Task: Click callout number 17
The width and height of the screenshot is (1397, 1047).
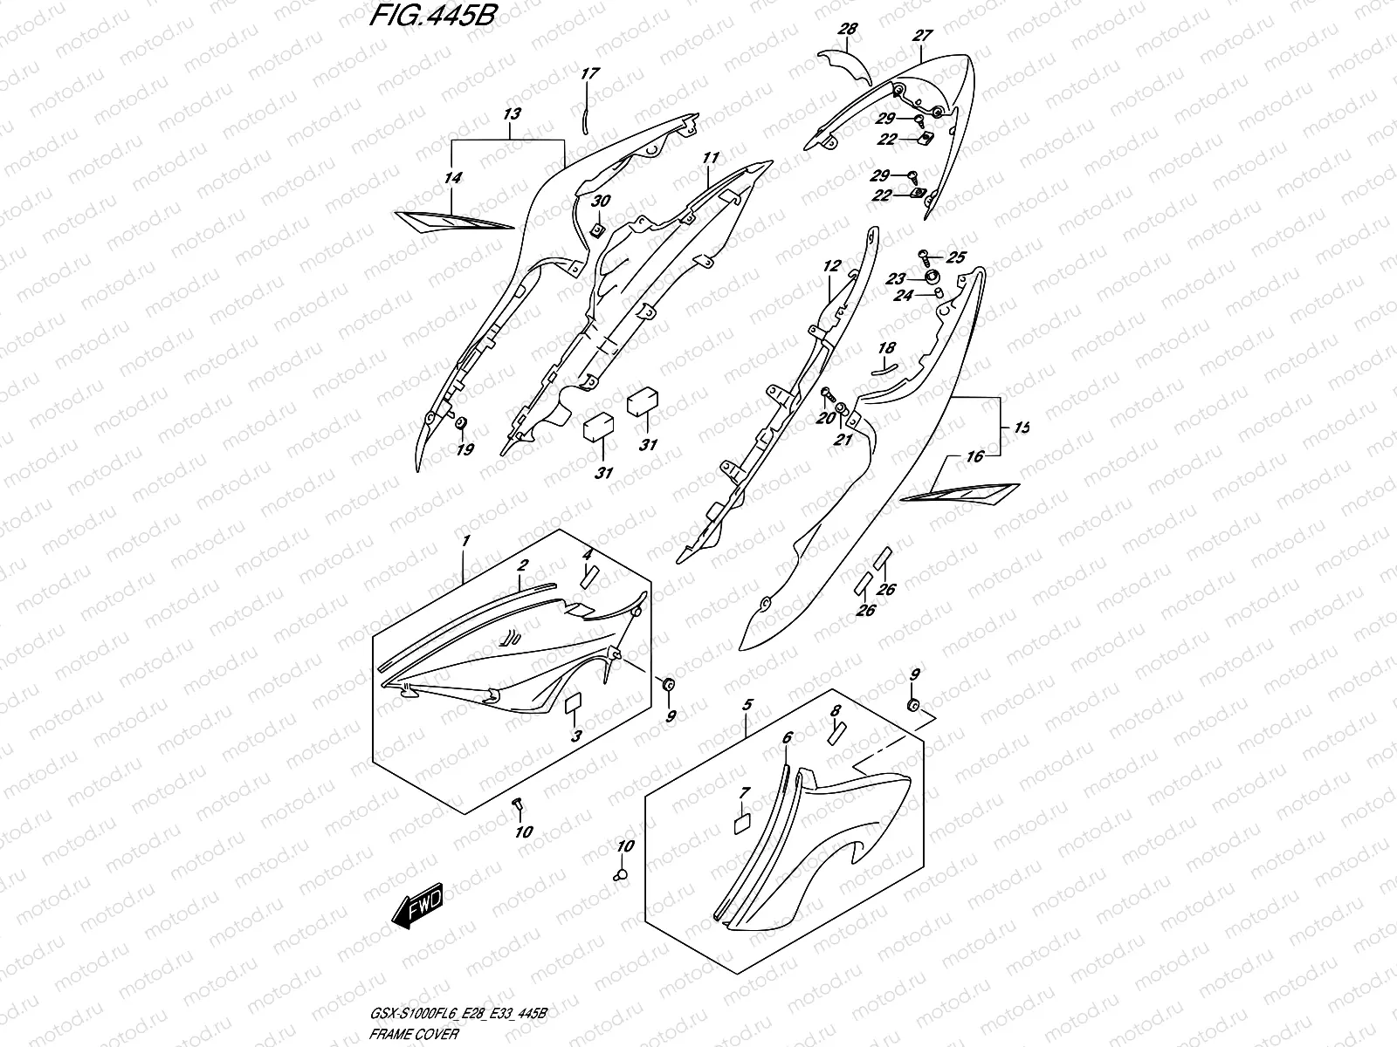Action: point(589,74)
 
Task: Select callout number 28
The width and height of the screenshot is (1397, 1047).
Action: point(846,30)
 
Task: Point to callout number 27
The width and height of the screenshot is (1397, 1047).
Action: point(923,36)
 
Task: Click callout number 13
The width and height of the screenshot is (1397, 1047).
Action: point(512,113)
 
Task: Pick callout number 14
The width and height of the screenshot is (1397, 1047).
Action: point(452,178)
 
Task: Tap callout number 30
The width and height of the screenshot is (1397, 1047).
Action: point(602,202)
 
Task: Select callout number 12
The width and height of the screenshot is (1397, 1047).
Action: point(830,265)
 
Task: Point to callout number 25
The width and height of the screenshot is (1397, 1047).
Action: point(957,257)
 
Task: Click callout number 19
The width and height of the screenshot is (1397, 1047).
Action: point(465,449)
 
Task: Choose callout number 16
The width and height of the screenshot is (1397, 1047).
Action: point(975,456)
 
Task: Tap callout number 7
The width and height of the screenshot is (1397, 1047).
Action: point(744,792)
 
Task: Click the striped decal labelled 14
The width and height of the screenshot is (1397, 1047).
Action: point(452,221)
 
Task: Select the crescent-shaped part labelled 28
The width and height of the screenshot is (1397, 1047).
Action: point(843,67)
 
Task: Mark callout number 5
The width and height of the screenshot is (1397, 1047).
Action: point(747,704)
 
